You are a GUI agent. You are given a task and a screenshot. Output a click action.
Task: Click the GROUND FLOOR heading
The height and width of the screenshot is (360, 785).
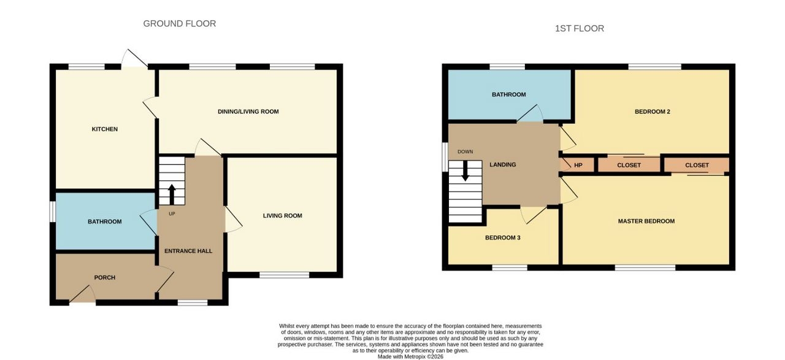coord(180,23)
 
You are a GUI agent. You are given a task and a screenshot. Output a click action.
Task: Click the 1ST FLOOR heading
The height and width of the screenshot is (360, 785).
coord(580,28)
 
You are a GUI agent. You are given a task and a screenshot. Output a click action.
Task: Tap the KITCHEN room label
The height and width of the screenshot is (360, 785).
coord(105,129)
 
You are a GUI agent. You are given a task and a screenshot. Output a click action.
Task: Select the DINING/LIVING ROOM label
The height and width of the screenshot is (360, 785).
coord(248,112)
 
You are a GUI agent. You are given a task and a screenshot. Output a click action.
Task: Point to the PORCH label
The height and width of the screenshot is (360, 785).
coord(105,277)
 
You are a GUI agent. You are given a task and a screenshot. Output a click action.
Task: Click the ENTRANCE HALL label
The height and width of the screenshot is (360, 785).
coord(188,251)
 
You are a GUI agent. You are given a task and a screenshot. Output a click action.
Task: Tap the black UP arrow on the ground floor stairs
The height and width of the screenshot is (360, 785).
coord(172,194)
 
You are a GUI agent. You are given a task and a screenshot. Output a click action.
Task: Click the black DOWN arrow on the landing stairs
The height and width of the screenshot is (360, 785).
coord(465,171)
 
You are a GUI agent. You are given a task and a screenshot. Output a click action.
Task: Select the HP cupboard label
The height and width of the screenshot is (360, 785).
coord(578,165)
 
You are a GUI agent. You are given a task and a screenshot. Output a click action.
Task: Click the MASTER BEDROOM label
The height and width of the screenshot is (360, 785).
coord(646,221)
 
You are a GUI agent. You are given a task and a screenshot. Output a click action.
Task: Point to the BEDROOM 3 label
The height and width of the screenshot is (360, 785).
coord(502,238)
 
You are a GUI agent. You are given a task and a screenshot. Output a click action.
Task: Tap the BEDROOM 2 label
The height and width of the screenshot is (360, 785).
coord(652,112)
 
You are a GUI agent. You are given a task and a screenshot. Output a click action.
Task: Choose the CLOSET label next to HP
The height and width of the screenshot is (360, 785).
coord(629,165)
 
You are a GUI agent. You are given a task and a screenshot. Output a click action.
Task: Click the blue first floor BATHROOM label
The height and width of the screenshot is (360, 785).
coord(508,94)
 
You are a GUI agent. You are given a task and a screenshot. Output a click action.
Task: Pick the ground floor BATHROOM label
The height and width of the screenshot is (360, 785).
coord(105,221)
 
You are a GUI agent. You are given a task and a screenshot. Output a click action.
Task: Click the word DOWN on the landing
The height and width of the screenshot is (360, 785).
coord(465,151)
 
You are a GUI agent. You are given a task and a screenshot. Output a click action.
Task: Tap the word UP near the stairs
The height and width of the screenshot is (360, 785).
coord(172,214)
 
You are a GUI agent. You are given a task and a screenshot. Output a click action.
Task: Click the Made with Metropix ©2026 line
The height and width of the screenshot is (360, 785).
coord(410,356)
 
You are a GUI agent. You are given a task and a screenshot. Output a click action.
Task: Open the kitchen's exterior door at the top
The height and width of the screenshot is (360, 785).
coord(134,59)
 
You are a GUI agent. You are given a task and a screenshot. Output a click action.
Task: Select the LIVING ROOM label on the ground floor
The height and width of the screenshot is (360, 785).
coord(283,216)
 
